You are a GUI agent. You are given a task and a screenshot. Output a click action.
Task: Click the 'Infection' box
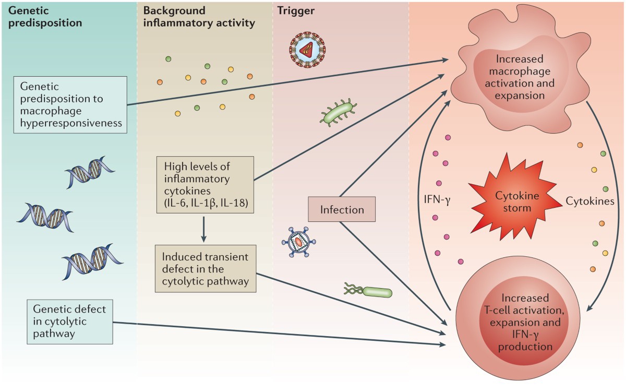tap(342, 210)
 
